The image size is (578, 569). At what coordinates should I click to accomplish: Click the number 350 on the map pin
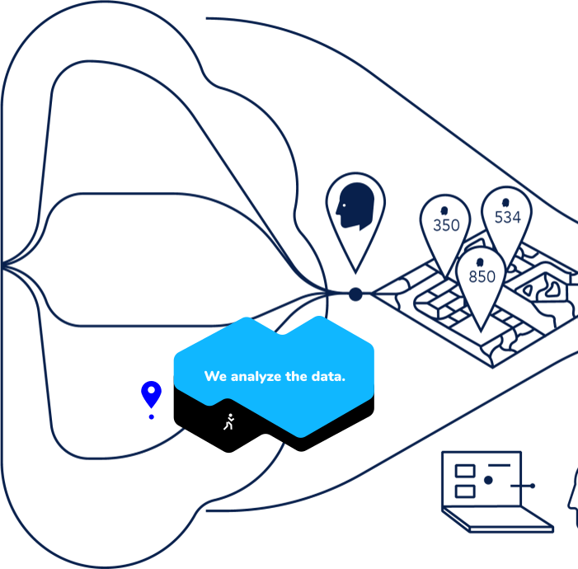click(x=446, y=225)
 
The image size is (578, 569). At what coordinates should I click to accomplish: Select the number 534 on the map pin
click(x=508, y=217)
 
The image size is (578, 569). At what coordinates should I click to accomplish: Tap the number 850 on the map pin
click(x=482, y=277)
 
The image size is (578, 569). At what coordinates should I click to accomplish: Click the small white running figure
click(x=229, y=421)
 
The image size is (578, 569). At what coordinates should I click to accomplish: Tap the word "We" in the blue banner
click(x=215, y=377)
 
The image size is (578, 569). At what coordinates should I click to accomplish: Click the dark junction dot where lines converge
click(x=355, y=294)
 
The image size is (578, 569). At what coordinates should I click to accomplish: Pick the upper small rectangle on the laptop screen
click(x=465, y=470)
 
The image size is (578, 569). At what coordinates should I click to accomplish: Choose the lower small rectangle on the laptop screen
click(x=465, y=490)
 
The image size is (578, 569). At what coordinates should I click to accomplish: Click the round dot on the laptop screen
click(x=488, y=480)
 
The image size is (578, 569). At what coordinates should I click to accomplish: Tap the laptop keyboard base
click(x=498, y=520)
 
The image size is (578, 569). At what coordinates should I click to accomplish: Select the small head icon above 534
click(x=506, y=201)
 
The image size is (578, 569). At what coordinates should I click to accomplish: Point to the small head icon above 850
click(x=481, y=262)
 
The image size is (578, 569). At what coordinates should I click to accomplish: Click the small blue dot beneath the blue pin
click(x=151, y=417)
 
